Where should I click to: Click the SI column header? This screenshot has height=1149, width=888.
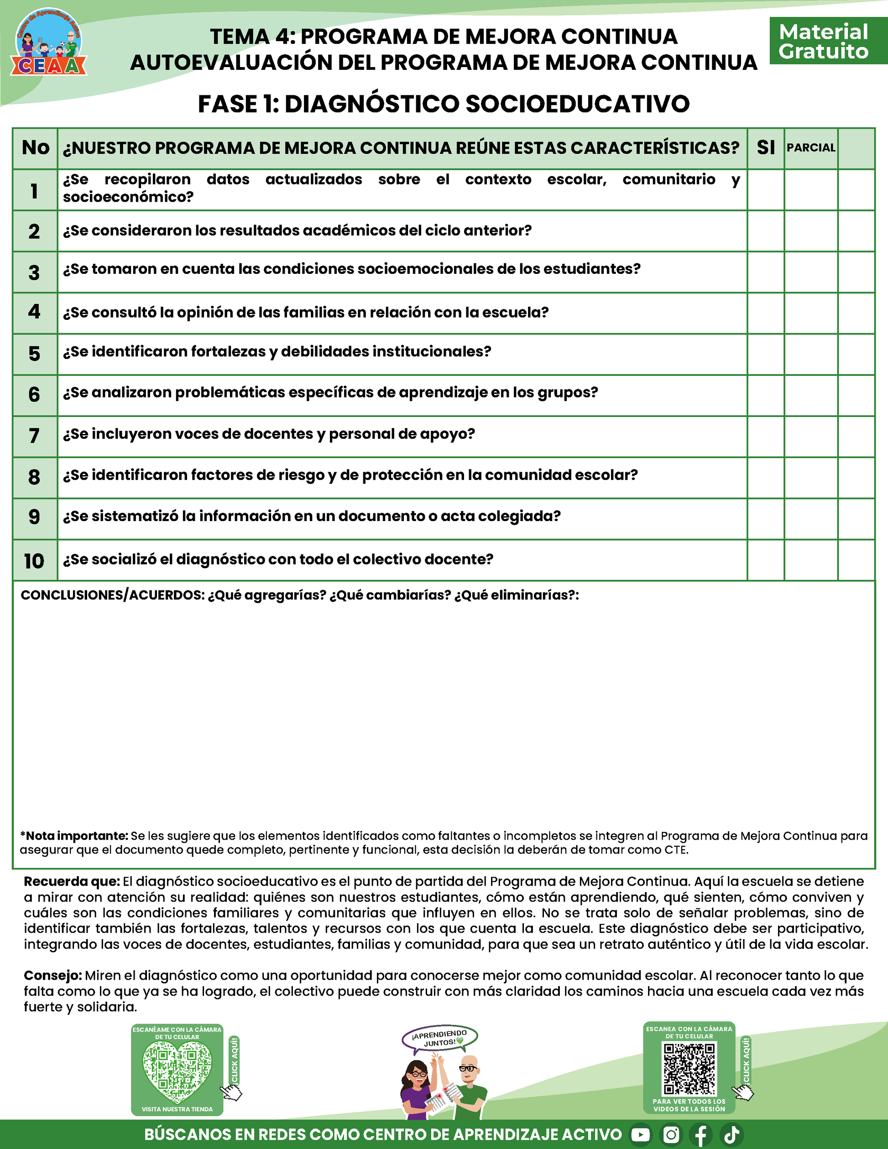(x=765, y=148)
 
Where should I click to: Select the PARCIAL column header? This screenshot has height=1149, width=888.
(x=811, y=148)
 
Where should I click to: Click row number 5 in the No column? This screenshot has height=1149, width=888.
(x=34, y=354)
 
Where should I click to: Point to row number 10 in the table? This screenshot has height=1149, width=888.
(x=34, y=561)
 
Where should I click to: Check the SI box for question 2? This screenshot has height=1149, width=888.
(x=765, y=231)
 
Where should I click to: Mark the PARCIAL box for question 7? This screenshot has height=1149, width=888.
(x=811, y=436)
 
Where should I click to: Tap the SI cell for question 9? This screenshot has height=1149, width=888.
(x=765, y=519)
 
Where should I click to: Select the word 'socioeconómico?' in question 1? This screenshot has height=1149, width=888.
(x=128, y=197)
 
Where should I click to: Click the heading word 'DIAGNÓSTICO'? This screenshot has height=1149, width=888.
(x=372, y=104)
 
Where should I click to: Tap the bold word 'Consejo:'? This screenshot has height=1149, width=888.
(x=52, y=976)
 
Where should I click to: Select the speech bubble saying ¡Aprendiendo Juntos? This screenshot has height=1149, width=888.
(x=440, y=1039)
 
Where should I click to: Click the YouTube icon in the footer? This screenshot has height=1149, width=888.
(x=640, y=1134)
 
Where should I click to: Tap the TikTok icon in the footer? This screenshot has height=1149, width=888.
(x=732, y=1134)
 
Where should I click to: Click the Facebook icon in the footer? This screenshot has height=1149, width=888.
(x=701, y=1134)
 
